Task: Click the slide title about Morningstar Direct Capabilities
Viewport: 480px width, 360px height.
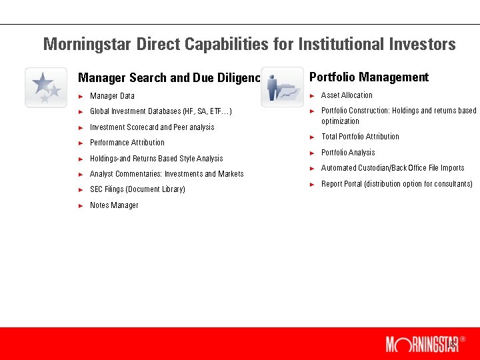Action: coord(249,45)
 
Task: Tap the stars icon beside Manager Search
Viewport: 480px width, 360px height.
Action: coord(45,87)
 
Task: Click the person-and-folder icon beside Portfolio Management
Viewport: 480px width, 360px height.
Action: coord(282,87)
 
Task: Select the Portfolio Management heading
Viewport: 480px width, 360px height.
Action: coord(369,77)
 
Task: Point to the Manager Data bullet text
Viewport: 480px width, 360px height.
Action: coord(112,96)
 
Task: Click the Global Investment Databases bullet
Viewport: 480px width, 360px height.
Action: coord(161,111)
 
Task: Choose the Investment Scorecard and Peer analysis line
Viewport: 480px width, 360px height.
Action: coord(152,127)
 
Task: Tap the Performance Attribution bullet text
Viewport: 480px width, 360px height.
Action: coord(127,143)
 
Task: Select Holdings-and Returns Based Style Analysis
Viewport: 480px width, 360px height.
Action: coord(156,159)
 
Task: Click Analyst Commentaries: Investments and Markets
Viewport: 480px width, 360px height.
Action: coord(167,174)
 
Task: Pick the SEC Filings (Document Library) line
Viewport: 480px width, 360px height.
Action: coord(137,189)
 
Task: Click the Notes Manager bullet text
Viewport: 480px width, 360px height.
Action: coord(114,205)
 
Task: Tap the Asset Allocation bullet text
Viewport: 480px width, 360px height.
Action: coord(347,95)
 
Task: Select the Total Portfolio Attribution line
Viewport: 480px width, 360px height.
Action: coord(360,137)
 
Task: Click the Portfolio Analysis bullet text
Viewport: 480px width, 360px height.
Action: coord(347,153)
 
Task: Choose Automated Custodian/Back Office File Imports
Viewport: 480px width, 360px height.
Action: coord(392,168)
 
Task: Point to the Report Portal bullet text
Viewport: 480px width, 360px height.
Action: coord(397,184)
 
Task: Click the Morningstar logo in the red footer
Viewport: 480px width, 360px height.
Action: coord(421,344)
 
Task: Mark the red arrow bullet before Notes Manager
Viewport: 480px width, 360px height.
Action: coord(81,205)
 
